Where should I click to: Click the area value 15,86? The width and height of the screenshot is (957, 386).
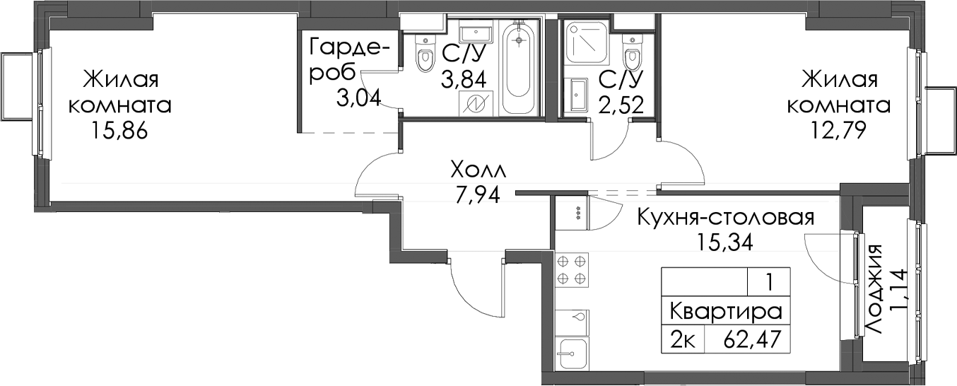pyautogui.click(x=119, y=131)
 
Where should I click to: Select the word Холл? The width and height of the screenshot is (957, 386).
pyautogui.click(x=478, y=171)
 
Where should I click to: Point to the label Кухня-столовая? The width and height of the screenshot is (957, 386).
pyautogui.click(x=726, y=218)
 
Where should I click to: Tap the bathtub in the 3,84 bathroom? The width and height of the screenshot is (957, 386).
pyautogui.click(x=519, y=67)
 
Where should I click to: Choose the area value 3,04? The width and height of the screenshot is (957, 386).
pyautogui.click(x=358, y=99)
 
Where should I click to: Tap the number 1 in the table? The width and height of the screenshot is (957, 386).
pyautogui.click(x=770, y=283)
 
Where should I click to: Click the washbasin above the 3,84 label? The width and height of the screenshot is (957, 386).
pyautogui.click(x=476, y=33)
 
